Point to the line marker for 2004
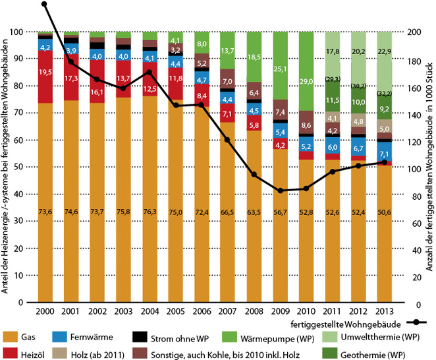tap(149, 73)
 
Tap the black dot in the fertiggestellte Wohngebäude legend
tap(416, 323)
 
